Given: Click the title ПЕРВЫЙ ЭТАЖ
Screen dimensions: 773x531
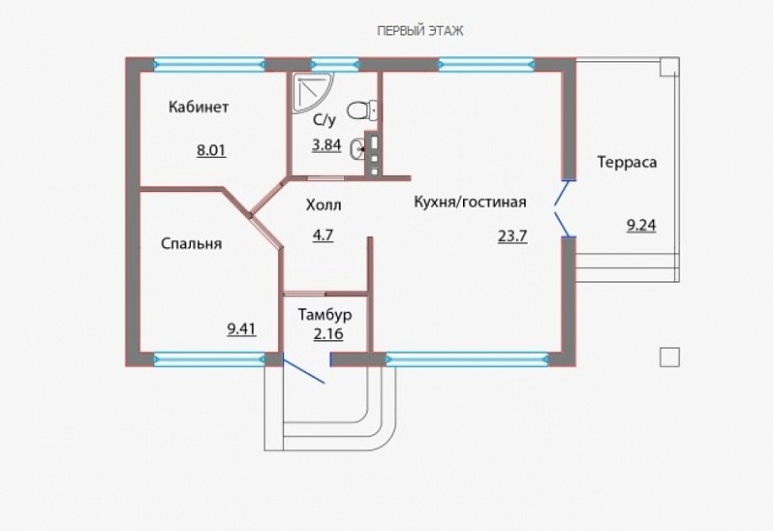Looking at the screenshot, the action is coord(420,31).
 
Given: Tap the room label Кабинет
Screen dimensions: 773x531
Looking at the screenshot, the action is coord(199,107).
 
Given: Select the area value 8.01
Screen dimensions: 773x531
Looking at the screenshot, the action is coord(211,150).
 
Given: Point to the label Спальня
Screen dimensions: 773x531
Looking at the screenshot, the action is coord(191,243).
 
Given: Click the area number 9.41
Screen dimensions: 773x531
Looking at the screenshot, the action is coord(241,328).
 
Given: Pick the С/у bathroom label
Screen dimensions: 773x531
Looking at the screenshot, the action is coord(325,120).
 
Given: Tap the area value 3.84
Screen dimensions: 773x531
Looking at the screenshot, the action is coord(326,145).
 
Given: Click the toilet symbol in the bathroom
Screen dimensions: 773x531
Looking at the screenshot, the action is coord(362,109).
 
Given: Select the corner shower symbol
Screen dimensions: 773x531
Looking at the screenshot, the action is coord(312,92).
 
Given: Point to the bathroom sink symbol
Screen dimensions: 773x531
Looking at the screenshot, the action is coord(357,148).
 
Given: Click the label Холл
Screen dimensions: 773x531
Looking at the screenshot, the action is coord(324,205).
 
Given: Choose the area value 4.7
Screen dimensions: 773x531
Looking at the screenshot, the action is coord(323,235).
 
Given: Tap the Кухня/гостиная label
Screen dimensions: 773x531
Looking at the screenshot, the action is coord(471,203).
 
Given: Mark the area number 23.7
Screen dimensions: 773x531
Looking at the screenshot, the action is coord(512,236).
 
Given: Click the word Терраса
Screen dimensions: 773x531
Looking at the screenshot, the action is coord(627,162).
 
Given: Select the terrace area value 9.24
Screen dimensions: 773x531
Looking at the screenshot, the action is coord(641,226).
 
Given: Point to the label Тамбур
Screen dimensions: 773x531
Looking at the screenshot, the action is coord(325,314).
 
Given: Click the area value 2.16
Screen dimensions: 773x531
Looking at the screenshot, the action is coord(328,334).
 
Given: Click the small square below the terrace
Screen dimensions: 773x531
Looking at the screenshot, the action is coord(669,357).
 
